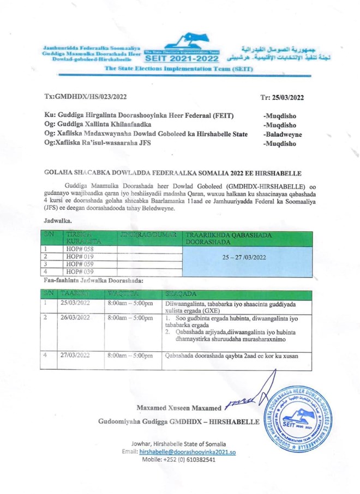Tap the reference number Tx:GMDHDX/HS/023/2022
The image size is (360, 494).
86,97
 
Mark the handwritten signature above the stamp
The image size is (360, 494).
243,403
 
